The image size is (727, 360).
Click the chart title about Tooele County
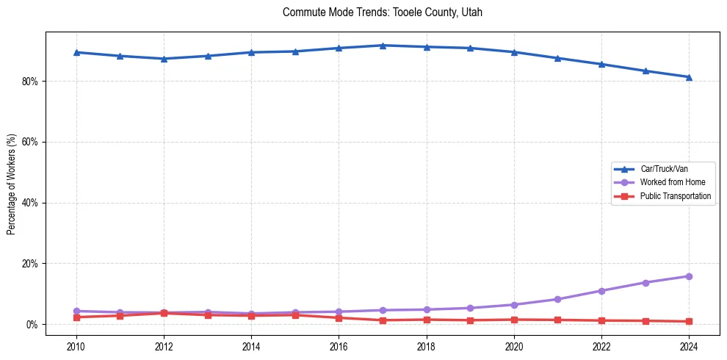(382, 12)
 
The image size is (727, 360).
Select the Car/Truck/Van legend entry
(664, 169)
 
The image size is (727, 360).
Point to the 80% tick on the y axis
(29, 81)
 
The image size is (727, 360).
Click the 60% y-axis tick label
(29, 142)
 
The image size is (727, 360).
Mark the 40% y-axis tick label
(29, 203)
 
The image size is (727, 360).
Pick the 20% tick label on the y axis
(29, 264)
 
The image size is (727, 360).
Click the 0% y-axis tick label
(32, 325)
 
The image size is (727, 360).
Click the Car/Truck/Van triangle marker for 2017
(383, 46)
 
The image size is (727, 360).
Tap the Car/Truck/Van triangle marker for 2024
(689, 77)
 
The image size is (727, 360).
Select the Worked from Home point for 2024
(689, 276)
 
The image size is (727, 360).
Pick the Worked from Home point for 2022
(601, 291)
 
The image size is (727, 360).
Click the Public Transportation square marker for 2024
(689, 321)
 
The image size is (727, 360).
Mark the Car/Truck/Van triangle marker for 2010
(76, 52)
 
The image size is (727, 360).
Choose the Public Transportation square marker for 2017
(383, 320)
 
